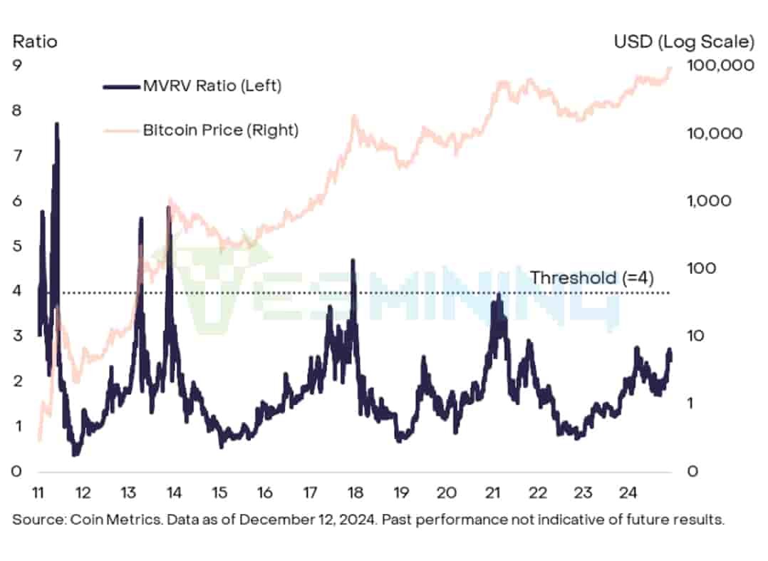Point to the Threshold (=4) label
click(x=592, y=277)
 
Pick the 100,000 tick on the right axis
click(x=722, y=65)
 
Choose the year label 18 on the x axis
click(x=355, y=493)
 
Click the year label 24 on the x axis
click(x=628, y=493)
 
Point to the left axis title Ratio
click(x=35, y=41)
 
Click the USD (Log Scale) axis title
click(x=683, y=41)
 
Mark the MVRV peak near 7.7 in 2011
click(x=56, y=124)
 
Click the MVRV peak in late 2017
click(x=353, y=261)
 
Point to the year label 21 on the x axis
click(x=492, y=493)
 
